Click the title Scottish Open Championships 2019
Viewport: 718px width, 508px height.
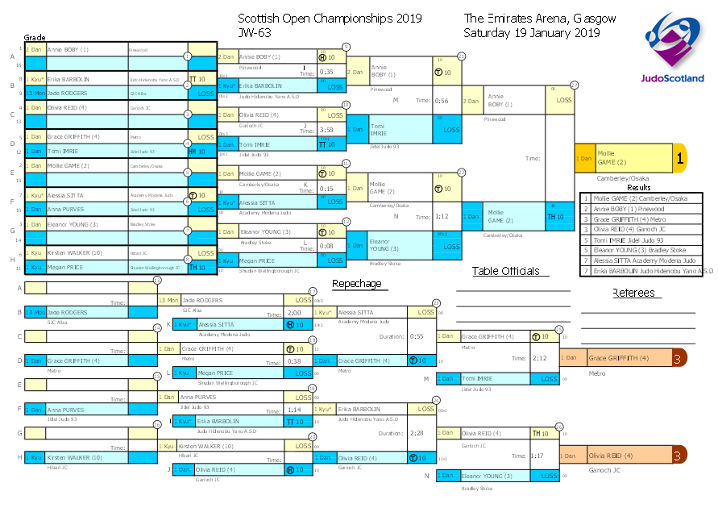pyautogui.click(x=330, y=18)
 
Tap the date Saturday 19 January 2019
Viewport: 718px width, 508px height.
pyautogui.click(x=532, y=33)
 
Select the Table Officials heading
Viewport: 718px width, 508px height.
pyautogui.click(x=505, y=271)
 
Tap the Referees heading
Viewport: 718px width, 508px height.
pyautogui.click(x=633, y=292)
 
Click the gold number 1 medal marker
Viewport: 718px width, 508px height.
pyautogui.click(x=679, y=159)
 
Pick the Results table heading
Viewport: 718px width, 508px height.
pyautogui.click(x=638, y=187)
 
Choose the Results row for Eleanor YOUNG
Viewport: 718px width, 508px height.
pyautogui.click(x=645, y=250)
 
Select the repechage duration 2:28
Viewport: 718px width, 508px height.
pyautogui.click(x=417, y=433)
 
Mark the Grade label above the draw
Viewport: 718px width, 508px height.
pyautogui.click(x=35, y=38)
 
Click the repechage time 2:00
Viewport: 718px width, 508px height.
pyautogui.click(x=294, y=312)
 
